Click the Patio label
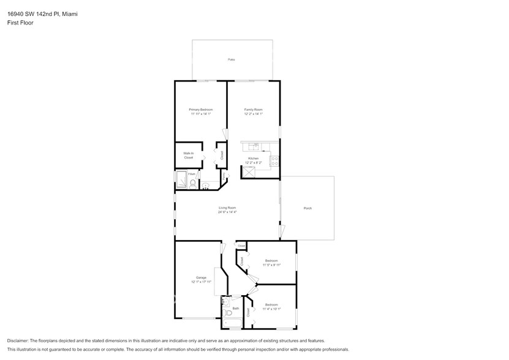click(x=232, y=59)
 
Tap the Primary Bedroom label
click(x=201, y=110)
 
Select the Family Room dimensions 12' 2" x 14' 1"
click(x=254, y=114)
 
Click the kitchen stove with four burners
click(x=274, y=162)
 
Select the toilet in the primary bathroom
click(x=192, y=183)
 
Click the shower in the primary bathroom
click(x=182, y=179)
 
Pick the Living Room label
click(x=227, y=208)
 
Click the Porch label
click(x=307, y=208)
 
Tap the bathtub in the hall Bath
click(x=232, y=323)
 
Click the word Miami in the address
click(x=77, y=13)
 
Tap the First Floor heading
click(x=21, y=23)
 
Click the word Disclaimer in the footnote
click(x=19, y=340)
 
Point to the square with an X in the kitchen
click(x=249, y=171)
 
